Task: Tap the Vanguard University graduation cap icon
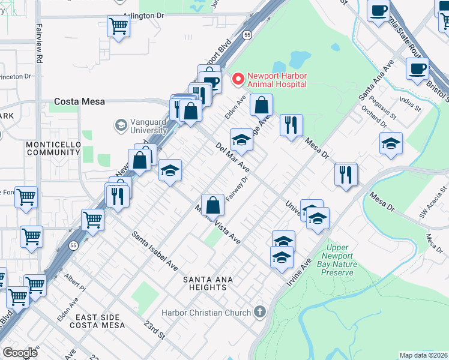pyautogui.click(x=121, y=125)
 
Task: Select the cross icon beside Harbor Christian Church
pyautogui.click(x=259, y=311)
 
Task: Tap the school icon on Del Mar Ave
pyautogui.click(x=241, y=140)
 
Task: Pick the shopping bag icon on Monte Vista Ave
pyautogui.click(x=213, y=205)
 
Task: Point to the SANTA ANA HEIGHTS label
pyautogui.click(x=208, y=284)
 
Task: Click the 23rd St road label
pyautogui.click(x=154, y=329)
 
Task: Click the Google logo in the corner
pyautogui.click(x=20, y=352)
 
